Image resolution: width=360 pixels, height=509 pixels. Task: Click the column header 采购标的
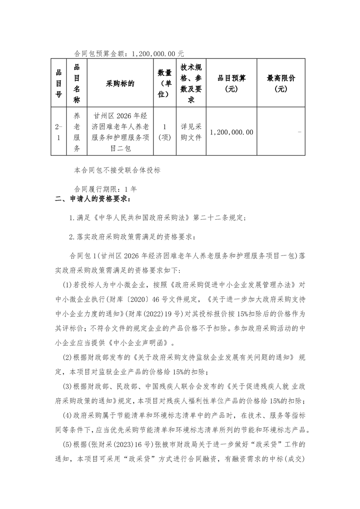[x=120, y=83]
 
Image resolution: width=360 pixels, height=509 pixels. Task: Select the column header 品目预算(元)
[x=232, y=84]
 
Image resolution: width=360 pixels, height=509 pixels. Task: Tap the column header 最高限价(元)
[x=281, y=84]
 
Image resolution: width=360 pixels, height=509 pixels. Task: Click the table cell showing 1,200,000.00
[x=232, y=132]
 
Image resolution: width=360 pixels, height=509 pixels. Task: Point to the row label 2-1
[x=58, y=132]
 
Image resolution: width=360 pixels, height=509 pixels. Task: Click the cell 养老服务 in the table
[x=77, y=132]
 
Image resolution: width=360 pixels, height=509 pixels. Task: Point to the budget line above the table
[x=129, y=54]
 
